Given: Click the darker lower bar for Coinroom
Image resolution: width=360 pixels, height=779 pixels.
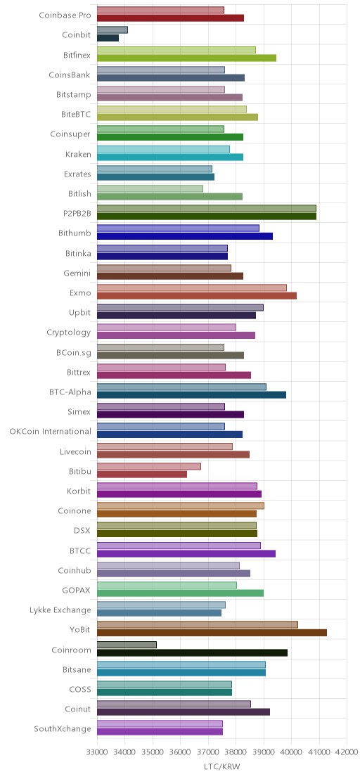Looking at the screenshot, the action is click(192, 653).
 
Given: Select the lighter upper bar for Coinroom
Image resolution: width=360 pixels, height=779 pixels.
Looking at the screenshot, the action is click(127, 645).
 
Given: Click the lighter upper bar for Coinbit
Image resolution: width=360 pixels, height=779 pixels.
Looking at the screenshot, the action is click(112, 30).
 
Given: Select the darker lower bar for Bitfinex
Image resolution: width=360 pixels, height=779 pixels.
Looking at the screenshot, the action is click(187, 58).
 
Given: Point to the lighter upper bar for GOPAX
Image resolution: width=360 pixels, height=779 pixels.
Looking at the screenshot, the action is click(167, 585).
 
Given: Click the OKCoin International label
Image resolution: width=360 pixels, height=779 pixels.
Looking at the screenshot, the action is click(51, 431).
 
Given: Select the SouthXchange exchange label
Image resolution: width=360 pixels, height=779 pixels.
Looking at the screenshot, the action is click(63, 729).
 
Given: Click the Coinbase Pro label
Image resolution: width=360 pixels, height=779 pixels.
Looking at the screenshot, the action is click(65, 15).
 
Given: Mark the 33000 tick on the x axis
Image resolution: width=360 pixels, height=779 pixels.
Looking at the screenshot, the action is click(97, 753).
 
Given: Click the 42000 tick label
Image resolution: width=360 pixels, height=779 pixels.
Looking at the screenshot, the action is click(347, 753).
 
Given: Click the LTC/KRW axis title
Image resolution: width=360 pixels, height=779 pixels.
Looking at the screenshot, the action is click(222, 767).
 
